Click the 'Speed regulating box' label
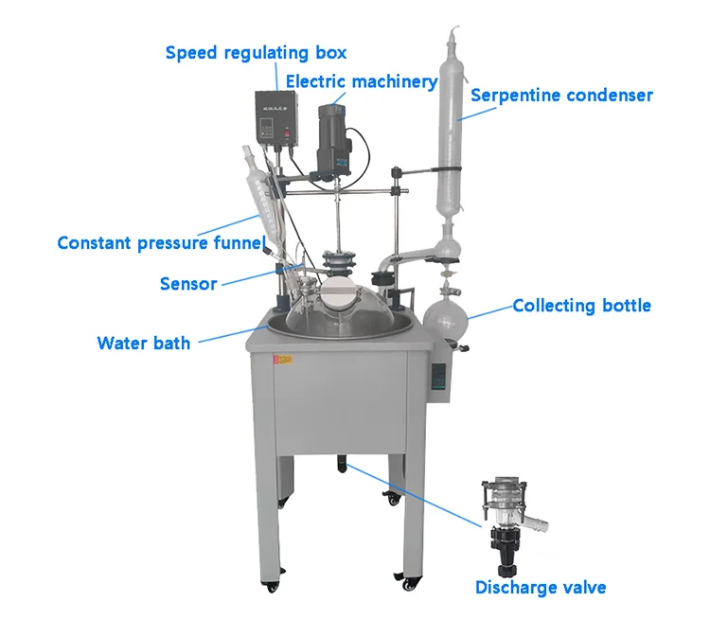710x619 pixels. pyautogui.click(x=256, y=52)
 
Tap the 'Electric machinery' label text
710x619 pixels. pyautogui.click(x=362, y=81)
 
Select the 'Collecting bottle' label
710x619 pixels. pyautogui.click(x=581, y=306)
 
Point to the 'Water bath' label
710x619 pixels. pyautogui.click(x=143, y=343)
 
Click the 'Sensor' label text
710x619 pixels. pyautogui.click(x=188, y=284)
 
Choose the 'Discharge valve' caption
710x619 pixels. pyautogui.click(x=541, y=588)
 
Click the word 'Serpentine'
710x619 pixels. pyautogui.click(x=515, y=95)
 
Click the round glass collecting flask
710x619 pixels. pyautogui.click(x=444, y=319)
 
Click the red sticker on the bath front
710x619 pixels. pyautogui.click(x=280, y=362)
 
